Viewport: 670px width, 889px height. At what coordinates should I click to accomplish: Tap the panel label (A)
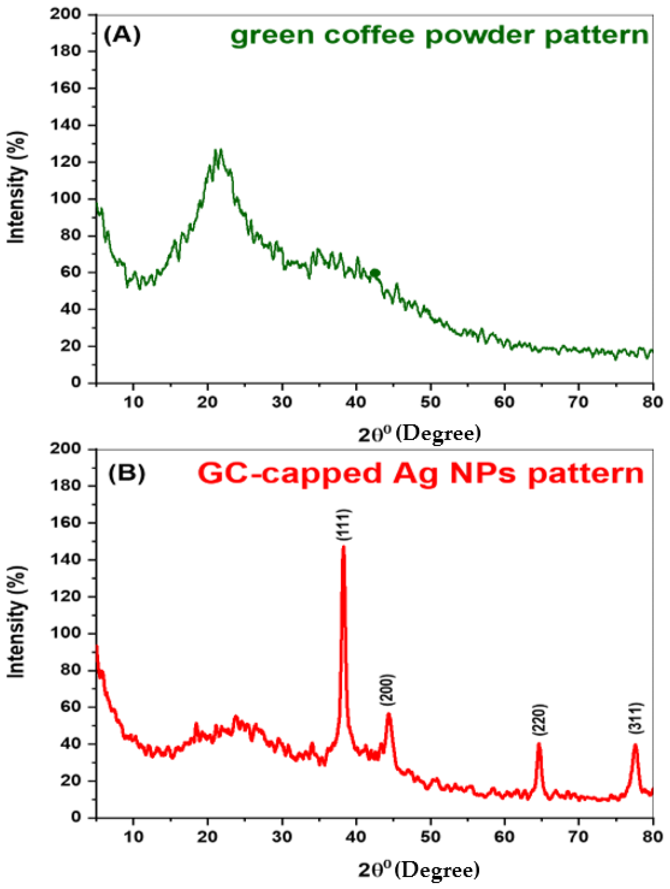pos(122,36)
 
